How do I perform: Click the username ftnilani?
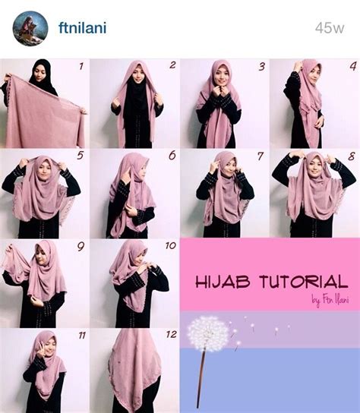coord(83,27)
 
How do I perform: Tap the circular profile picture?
coord(30,28)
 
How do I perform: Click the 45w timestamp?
coord(330,27)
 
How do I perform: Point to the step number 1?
coord(81,66)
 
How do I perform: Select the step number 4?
coord(353,66)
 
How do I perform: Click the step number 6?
coord(172,156)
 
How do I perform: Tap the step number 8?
coord(352,156)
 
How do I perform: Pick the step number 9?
coord(81,247)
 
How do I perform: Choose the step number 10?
coord(171,246)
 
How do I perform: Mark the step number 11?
coord(82,336)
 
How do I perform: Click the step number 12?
coord(172,335)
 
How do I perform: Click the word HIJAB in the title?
coord(223,282)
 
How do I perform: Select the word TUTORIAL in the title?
coord(304,282)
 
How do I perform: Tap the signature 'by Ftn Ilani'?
coord(330,300)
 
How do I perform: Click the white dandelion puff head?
coord(208,333)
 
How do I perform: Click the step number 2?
coord(172,65)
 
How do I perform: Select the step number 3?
coord(261,67)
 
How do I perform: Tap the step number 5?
coord(80,156)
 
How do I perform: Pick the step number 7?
coord(260,156)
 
